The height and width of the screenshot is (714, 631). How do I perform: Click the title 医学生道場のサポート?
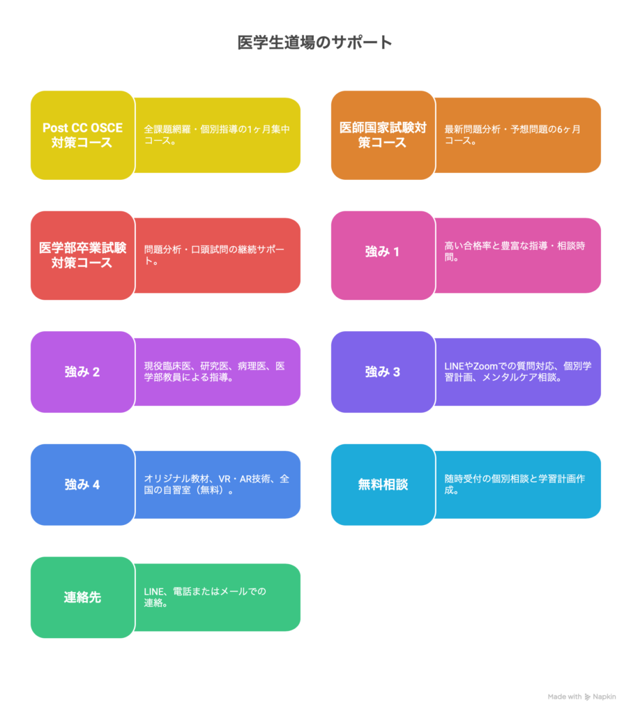314,43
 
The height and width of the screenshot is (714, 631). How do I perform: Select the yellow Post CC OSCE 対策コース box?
82,135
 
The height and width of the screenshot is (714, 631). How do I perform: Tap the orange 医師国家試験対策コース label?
383,135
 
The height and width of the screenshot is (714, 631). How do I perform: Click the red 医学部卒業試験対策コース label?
82,255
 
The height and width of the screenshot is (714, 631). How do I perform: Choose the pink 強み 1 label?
382,252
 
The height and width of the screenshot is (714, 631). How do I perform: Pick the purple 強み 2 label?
82,372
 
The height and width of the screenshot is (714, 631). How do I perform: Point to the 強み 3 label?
382,372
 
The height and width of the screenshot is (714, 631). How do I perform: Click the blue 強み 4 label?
82,485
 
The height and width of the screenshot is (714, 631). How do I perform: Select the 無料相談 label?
383,485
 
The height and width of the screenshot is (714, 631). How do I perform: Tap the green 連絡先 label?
82,598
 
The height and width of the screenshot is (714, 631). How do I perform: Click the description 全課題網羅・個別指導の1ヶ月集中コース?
217,135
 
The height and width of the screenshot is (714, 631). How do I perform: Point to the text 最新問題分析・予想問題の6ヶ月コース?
512,135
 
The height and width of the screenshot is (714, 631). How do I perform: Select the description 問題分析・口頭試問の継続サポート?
214,255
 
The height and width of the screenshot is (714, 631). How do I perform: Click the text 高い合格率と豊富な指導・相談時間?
515,251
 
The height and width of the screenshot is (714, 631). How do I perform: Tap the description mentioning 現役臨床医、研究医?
215,372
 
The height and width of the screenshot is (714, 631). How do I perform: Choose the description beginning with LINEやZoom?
518,372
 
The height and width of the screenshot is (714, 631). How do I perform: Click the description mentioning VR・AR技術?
217,484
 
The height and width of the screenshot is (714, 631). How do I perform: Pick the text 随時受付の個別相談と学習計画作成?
515,484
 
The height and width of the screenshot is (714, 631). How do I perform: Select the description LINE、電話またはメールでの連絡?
205,597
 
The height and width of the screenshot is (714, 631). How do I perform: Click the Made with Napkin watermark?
581,697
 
